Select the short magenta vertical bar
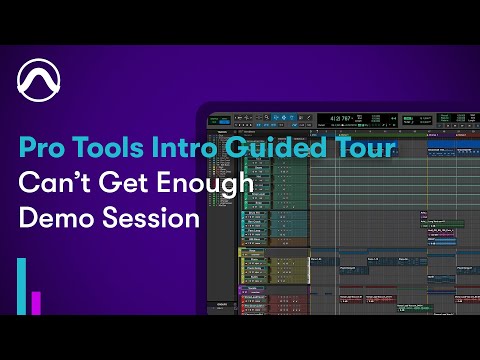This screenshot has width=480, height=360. click(x=37, y=303)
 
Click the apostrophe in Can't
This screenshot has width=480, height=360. click(x=71, y=178)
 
